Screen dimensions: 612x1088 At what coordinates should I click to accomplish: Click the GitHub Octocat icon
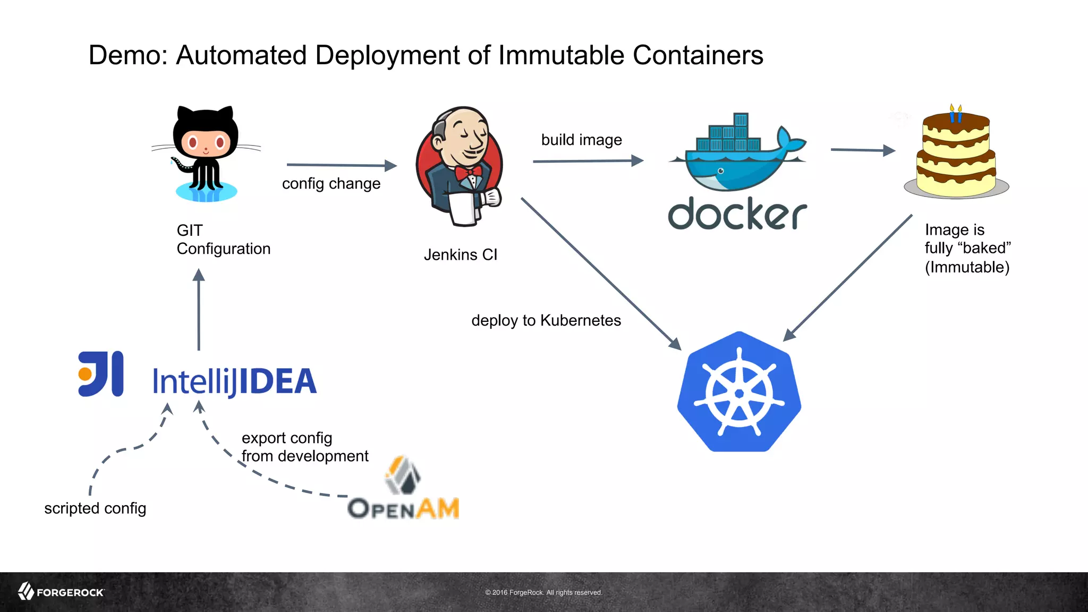[206, 154]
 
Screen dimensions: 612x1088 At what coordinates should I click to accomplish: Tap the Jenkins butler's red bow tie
[468, 171]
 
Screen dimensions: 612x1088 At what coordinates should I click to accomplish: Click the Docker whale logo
[737, 154]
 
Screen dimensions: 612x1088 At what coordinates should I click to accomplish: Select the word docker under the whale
[737, 214]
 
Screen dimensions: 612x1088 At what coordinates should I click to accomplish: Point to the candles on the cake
[955, 113]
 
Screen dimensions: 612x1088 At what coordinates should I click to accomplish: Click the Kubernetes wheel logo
[739, 393]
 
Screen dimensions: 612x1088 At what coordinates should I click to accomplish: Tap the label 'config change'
[331, 184]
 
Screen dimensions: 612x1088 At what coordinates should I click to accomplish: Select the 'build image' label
[581, 140]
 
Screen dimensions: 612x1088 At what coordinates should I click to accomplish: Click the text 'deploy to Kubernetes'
[546, 320]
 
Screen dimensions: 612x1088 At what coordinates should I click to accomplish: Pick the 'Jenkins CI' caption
[460, 255]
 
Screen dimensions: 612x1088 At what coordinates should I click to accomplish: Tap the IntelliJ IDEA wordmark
[234, 381]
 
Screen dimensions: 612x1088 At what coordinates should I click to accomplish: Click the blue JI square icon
[101, 374]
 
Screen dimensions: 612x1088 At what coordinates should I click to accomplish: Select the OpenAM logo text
[403, 508]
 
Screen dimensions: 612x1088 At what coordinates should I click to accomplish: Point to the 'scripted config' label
[95, 508]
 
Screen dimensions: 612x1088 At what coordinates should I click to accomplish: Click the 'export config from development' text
[304, 447]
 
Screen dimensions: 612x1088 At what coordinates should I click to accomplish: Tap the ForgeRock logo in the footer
[61, 592]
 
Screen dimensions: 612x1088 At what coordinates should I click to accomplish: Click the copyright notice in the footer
[543, 592]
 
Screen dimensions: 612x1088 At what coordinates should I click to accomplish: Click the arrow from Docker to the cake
[862, 150]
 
